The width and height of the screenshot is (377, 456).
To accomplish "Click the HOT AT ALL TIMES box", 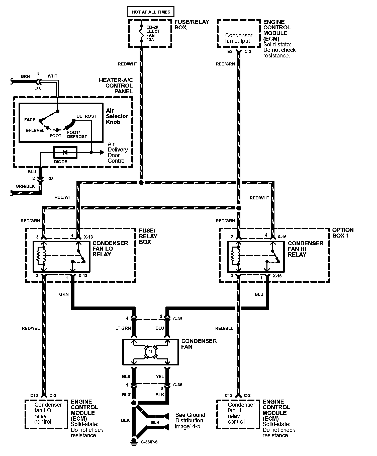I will (151, 12).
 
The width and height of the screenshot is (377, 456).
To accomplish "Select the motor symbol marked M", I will (150, 352).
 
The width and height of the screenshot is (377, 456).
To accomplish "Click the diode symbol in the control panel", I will (65, 152).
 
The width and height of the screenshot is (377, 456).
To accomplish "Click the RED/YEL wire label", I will (31, 328).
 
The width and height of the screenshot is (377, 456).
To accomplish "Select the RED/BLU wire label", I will (224, 328).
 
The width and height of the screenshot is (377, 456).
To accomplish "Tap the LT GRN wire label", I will (123, 328).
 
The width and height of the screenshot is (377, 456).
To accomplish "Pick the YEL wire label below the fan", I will (160, 376).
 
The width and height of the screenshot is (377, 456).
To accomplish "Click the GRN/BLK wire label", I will (25, 186).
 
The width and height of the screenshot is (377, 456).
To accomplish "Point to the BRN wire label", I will (25, 77).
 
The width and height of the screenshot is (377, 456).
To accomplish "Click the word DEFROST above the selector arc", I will (86, 116).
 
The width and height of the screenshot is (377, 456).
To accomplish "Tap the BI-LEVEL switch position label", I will (35, 130).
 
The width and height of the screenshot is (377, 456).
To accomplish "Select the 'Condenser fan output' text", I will (239, 38).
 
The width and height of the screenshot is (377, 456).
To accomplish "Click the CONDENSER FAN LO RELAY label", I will (110, 249).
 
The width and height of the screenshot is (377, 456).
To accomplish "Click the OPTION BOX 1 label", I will (343, 233).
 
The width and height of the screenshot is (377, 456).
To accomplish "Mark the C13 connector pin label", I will (34, 396).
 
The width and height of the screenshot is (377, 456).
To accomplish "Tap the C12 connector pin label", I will (228, 396).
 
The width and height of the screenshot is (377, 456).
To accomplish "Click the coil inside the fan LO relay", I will (44, 256).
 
